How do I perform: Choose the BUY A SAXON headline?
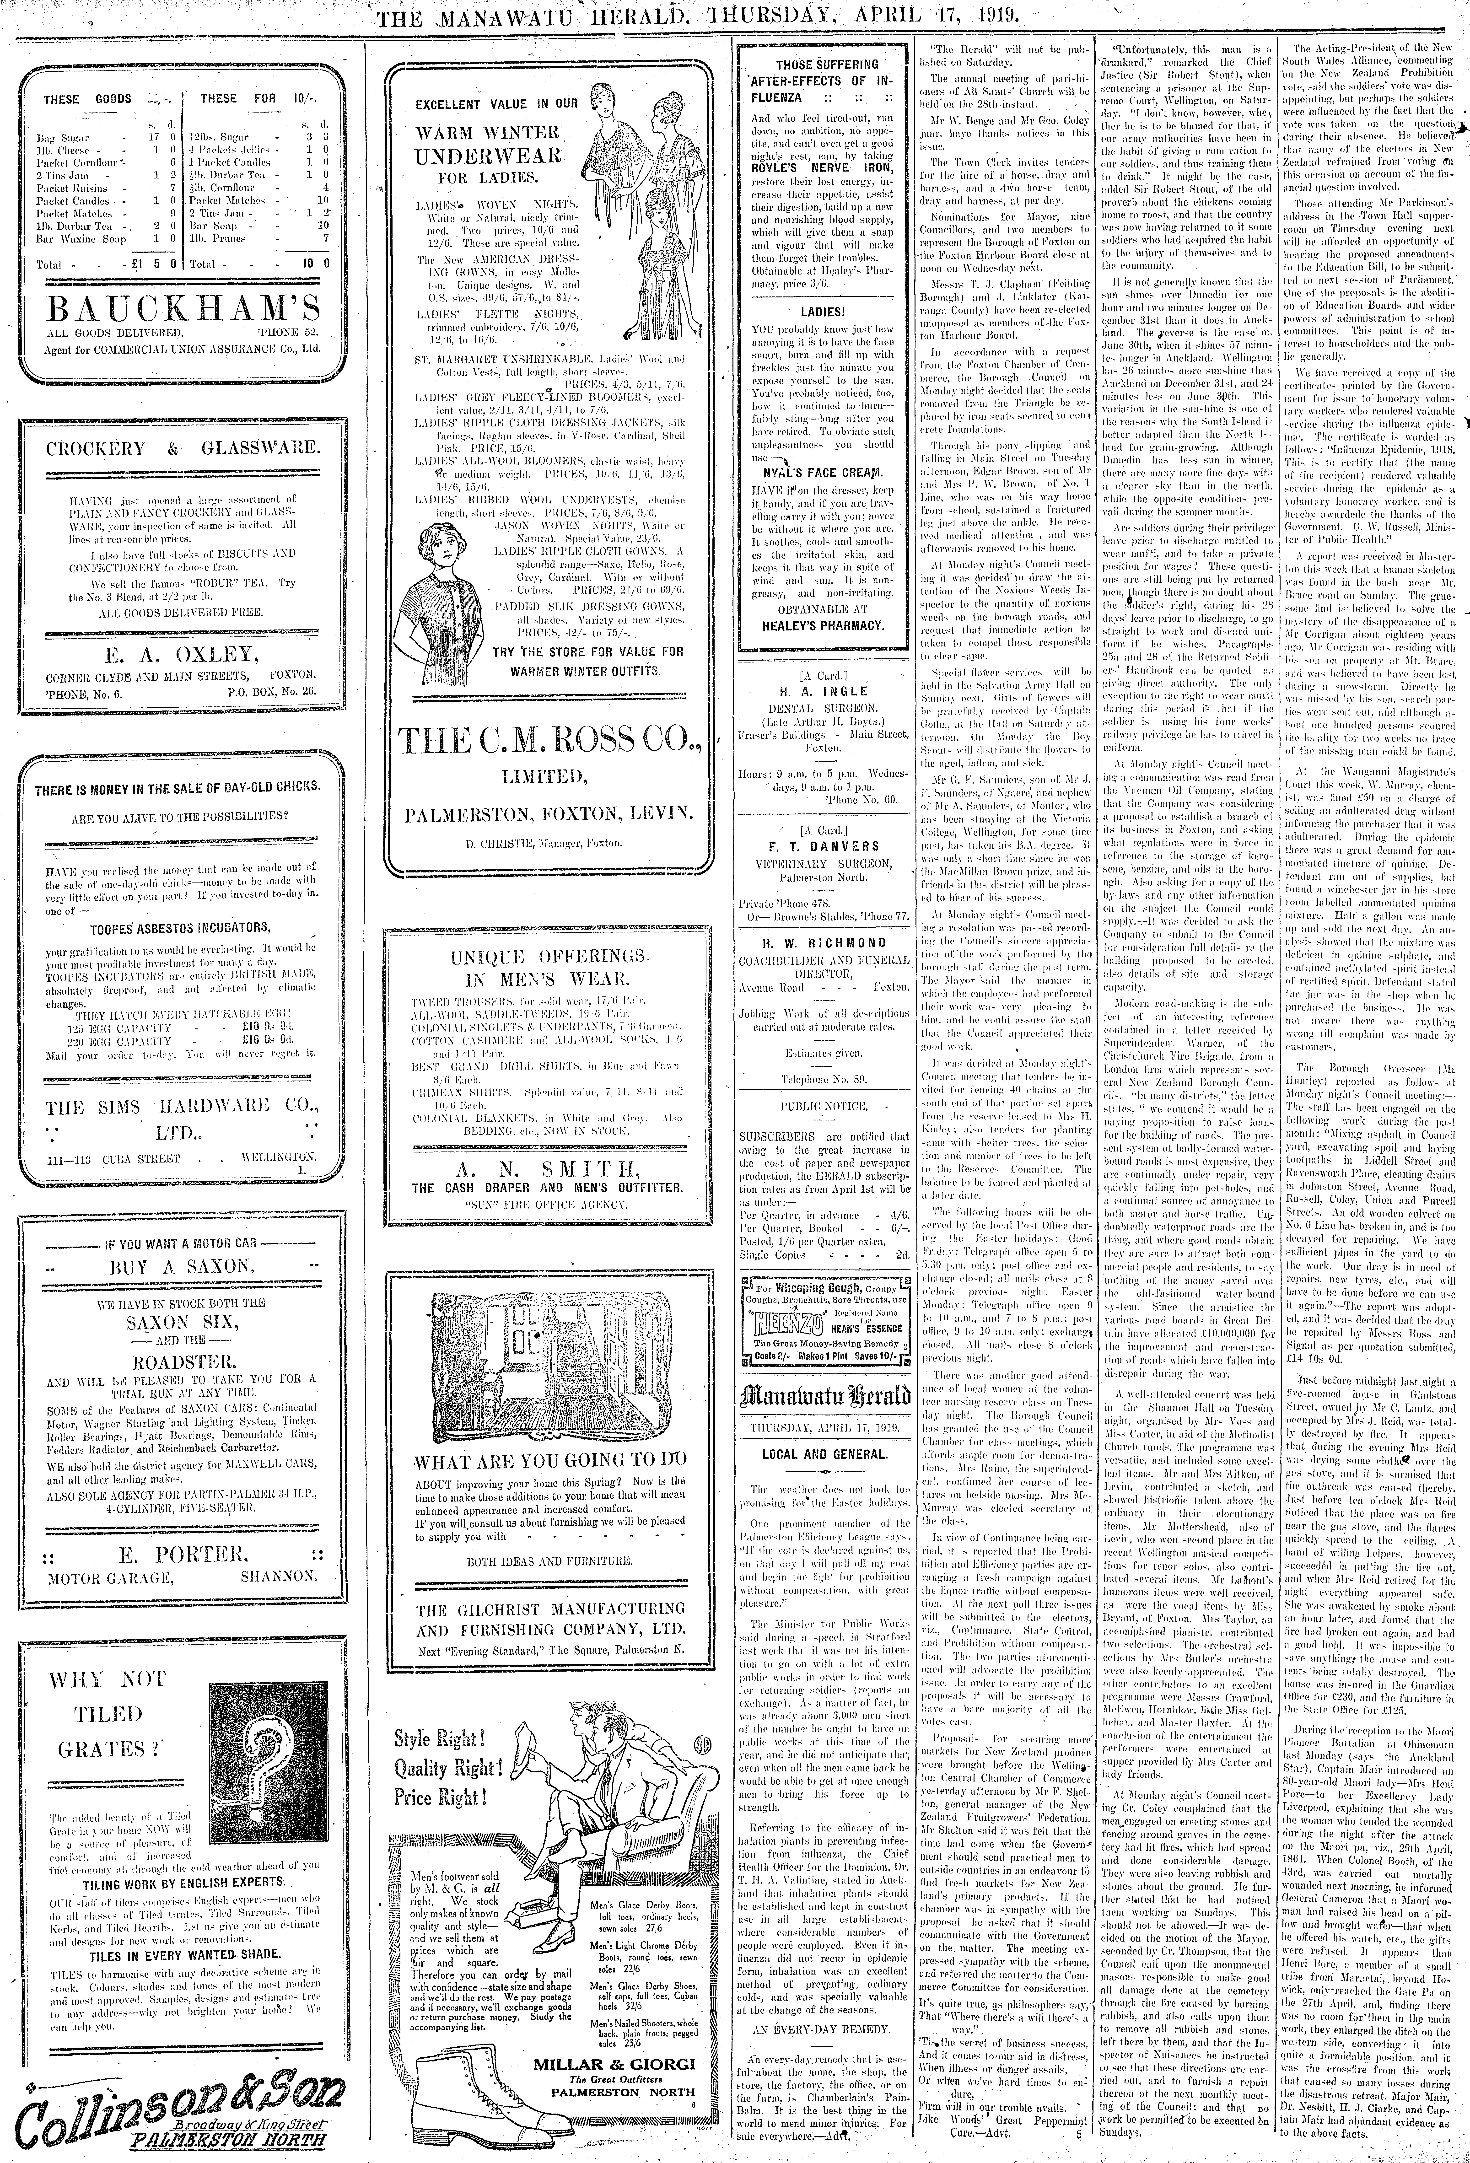[182, 1266]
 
